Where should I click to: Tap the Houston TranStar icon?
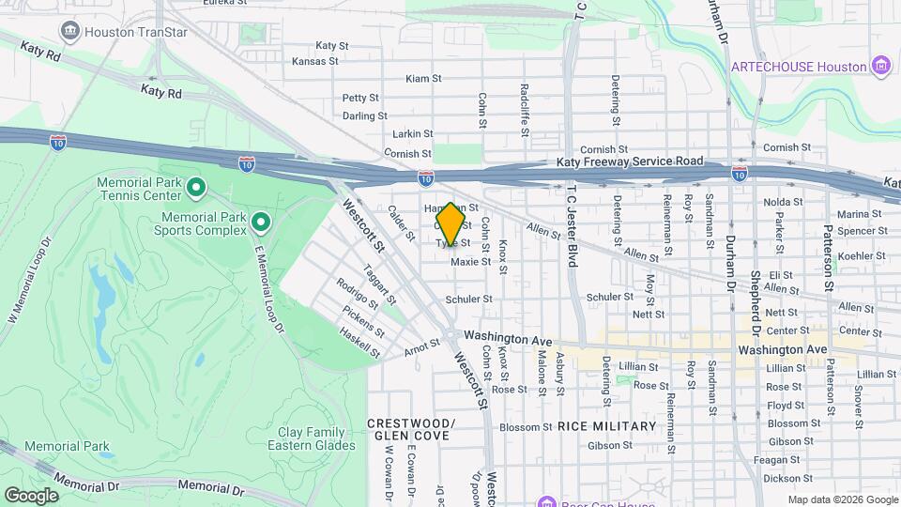pyautogui.click(x=70, y=31)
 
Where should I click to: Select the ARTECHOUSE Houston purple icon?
pyautogui.click(x=880, y=66)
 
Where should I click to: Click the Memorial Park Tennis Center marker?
pyautogui.click(x=196, y=188)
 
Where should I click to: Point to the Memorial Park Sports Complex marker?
pyautogui.click(x=261, y=223)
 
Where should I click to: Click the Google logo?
pyautogui.click(x=31, y=495)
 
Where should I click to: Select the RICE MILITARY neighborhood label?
pyautogui.click(x=606, y=426)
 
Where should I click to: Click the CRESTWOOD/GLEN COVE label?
pyautogui.click(x=410, y=429)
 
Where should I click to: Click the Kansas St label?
pyautogui.click(x=314, y=61)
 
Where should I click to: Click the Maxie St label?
pyautogui.click(x=471, y=262)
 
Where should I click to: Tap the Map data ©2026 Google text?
pyautogui.click(x=842, y=499)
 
